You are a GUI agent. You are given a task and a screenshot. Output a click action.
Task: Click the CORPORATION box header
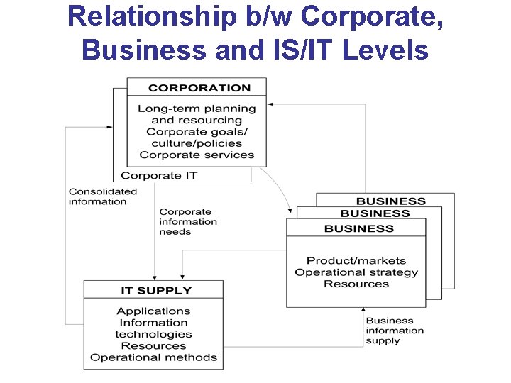(x=199, y=88)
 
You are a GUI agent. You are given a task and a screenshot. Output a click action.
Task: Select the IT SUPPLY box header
(x=155, y=290)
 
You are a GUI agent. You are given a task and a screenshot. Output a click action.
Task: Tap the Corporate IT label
(x=159, y=175)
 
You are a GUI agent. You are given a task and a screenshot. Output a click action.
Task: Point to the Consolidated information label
(x=102, y=196)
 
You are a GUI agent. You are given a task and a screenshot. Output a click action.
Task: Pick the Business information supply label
(x=395, y=331)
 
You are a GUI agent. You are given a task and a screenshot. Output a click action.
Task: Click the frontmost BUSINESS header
(x=358, y=228)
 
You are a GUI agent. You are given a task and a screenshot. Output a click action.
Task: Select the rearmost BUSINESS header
(x=390, y=201)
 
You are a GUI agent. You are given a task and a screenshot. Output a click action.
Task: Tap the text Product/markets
(x=356, y=261)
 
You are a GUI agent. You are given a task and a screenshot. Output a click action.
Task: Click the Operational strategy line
(x=356, y=272)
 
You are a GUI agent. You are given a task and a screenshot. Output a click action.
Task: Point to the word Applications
(x=153, y=311)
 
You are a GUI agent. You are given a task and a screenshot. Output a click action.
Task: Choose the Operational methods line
(x=153, y=357)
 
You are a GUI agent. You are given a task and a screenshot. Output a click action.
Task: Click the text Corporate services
(x=197, y=155)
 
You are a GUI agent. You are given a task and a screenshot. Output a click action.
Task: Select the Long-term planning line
(x=197, y=109)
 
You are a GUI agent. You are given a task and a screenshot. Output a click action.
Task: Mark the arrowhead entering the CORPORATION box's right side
(x=270, y=104)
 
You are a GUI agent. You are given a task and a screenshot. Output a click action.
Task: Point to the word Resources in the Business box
(x=356, y=284)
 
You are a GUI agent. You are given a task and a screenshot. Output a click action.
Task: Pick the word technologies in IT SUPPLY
(x=153, y=334)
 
